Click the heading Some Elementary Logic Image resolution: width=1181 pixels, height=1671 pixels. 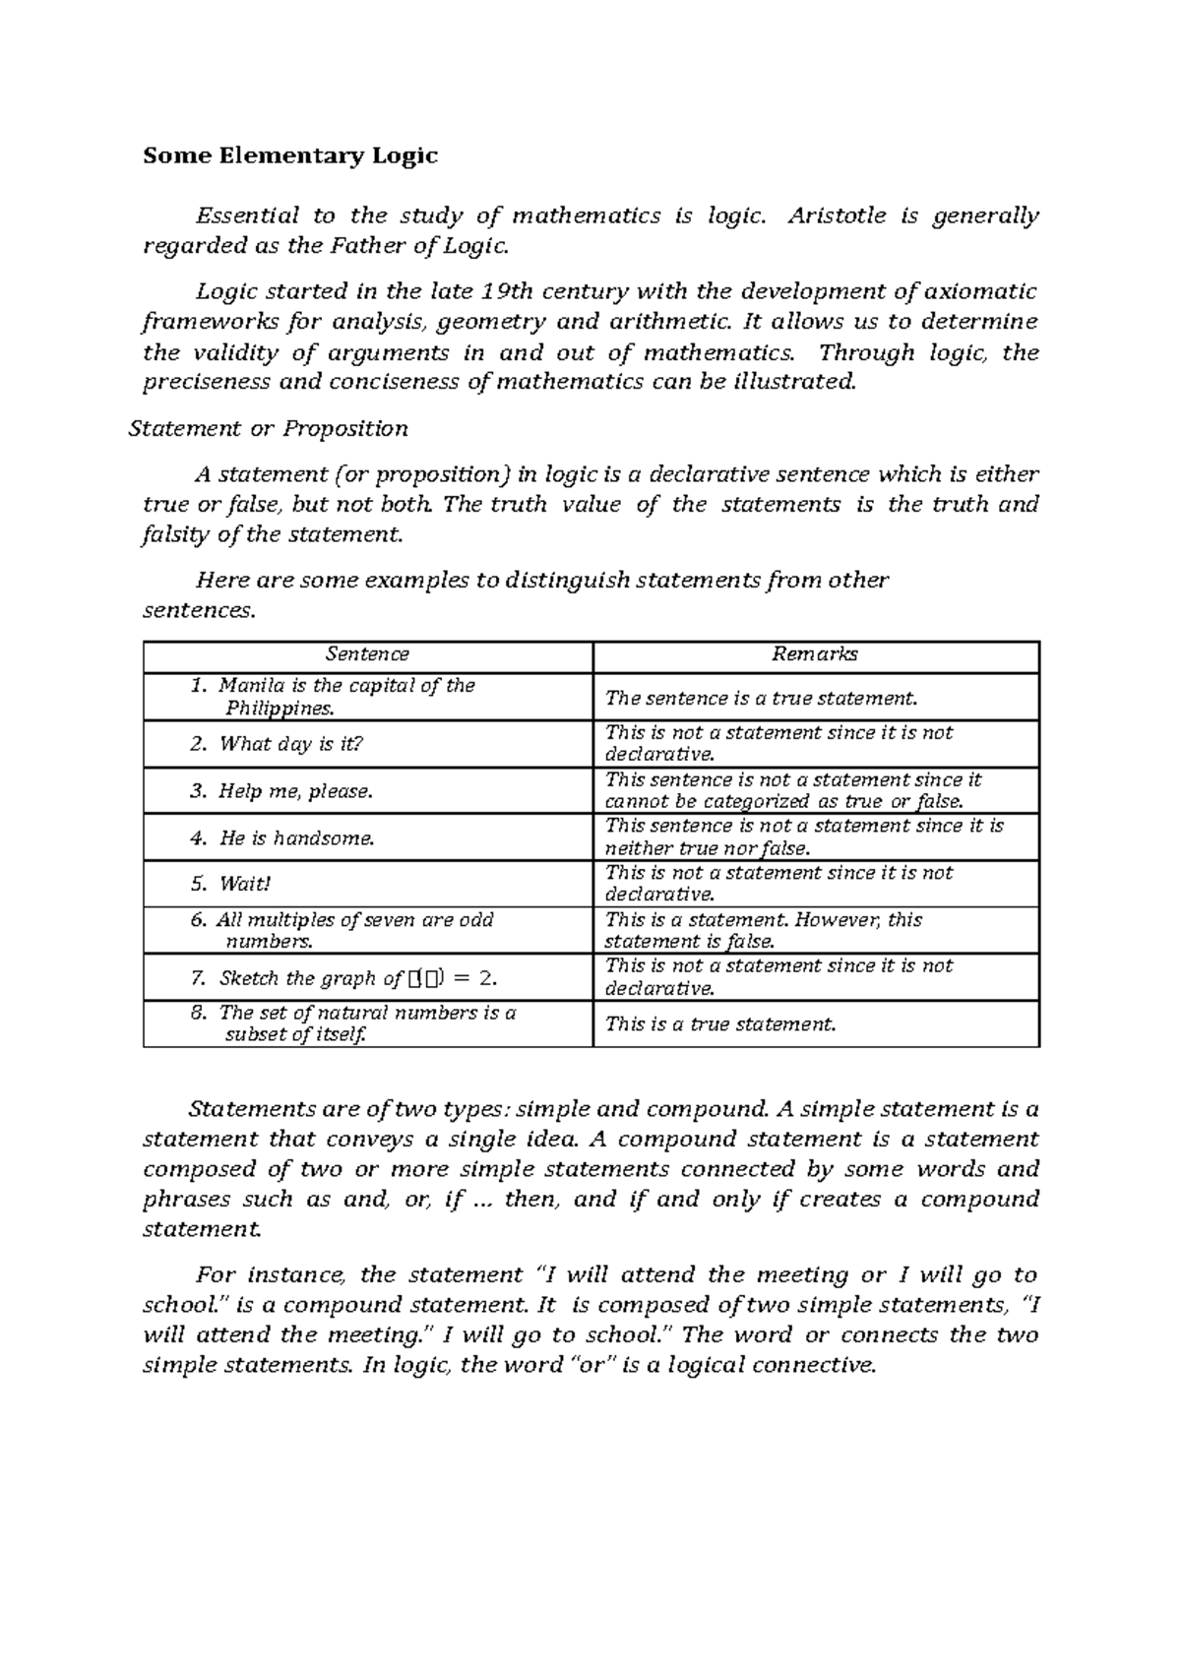[290, 155]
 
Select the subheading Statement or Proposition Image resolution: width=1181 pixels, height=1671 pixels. [269, 428]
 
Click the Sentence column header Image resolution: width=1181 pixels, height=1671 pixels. [367, 654]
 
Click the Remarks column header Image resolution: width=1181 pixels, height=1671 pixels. [815, 654]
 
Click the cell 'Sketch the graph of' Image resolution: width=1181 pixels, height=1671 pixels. [310, 978]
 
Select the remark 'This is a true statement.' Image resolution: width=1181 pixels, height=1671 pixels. [720, 1024]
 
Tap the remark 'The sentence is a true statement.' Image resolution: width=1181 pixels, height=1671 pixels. [761, 698]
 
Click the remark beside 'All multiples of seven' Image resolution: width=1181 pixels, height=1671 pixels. [763, 930]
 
